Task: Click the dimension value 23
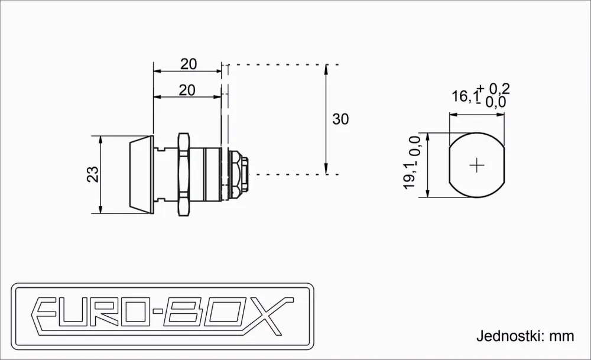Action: pyautogui.click(x=93, y=174)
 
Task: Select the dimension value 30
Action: pyautogui.click(x=340, y=119)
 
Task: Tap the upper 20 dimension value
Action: pyautogui.click(x=189, y=64)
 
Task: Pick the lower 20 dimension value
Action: pyautogui.click(x=187, y=90)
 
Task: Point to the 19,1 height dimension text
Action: pyautogui.click(x=411, y=175)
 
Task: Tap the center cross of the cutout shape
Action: pyautogui.click(x=477, y=165)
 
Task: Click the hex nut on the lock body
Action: pyautogui.click(x=184, y=174)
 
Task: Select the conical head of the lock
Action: pyautogui.click(x=141, y=174)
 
